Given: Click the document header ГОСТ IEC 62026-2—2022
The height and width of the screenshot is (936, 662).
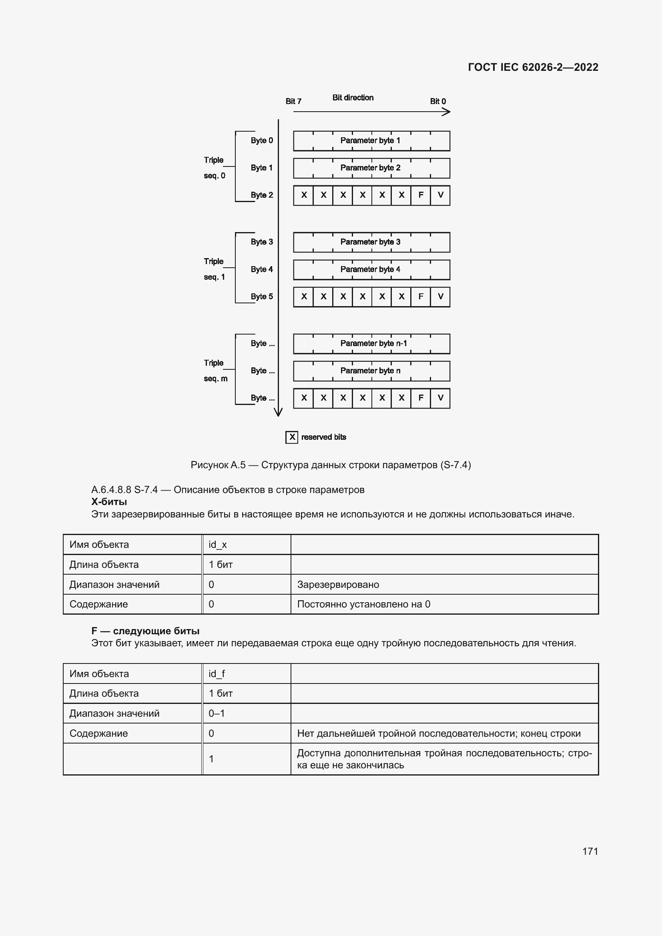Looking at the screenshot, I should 533,67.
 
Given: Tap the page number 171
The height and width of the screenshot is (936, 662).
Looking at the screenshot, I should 590,851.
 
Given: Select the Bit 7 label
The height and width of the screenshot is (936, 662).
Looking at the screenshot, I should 293,101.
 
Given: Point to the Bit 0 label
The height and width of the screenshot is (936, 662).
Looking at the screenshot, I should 438,101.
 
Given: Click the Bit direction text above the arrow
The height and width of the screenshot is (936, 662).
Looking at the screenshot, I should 353,97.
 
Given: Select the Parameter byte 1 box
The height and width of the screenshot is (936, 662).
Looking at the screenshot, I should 371,140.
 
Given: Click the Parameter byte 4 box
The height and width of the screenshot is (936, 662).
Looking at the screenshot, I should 371,269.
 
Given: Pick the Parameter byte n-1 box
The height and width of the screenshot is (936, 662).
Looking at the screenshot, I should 372,343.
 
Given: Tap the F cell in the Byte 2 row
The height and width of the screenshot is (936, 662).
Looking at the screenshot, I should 421,195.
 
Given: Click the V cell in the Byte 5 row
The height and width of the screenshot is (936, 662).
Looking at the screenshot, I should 440,297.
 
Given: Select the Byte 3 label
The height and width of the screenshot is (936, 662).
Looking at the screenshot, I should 262,242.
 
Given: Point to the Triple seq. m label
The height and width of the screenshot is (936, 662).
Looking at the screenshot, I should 215,371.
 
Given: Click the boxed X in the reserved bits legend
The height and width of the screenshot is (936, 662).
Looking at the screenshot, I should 292,437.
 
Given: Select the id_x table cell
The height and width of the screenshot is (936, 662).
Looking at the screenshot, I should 246,545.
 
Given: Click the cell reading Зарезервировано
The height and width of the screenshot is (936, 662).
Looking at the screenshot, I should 338,585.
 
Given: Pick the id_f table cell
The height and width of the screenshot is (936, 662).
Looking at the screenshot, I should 246,674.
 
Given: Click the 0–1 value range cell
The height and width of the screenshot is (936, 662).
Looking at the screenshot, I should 246,714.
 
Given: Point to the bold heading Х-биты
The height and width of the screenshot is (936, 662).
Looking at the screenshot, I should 109,501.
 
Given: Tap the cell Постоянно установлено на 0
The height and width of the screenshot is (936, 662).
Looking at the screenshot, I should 363,604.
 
